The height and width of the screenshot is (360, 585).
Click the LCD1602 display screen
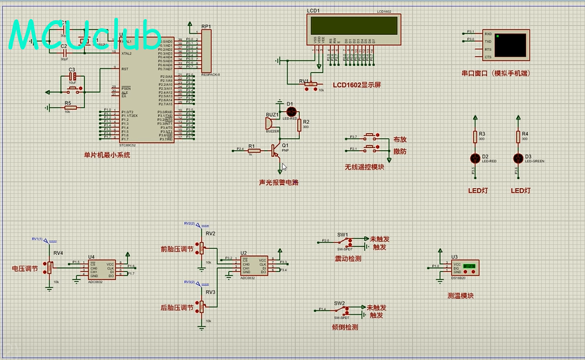click(353, 25)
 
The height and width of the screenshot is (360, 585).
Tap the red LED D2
click(474, 157)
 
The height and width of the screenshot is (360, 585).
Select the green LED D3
click(518, 157)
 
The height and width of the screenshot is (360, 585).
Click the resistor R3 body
click(474, 137)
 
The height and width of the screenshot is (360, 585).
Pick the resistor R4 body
click(518, 137)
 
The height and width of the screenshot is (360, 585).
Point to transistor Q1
click(276, 150)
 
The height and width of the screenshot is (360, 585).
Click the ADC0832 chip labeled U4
click(102, 269)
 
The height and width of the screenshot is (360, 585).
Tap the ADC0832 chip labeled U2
click(253, 265)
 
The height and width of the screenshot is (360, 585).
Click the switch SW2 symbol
click(342, 310)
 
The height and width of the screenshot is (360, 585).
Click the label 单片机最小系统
click(106, 155)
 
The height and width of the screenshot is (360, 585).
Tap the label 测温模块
click(461, 295)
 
